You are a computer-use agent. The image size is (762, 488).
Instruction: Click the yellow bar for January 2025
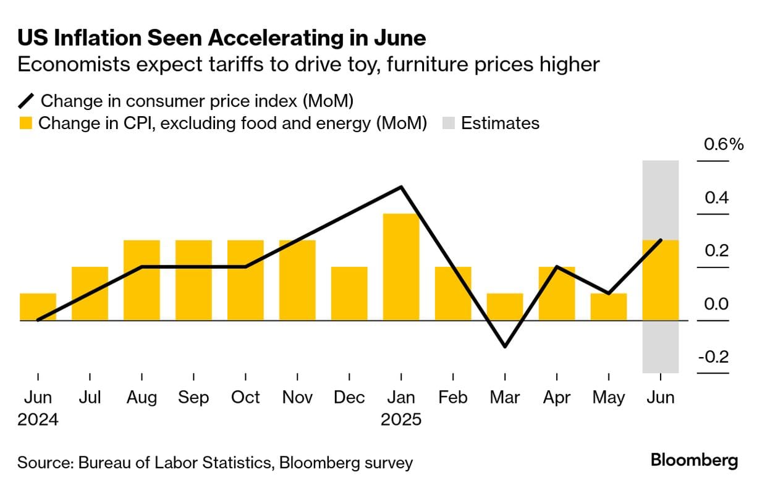click(401, 267)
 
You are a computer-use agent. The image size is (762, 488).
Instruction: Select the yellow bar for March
click(505, 306)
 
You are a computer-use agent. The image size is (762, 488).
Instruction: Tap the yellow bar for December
click(349, 293)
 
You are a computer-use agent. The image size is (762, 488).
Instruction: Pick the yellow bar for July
click(90, 293)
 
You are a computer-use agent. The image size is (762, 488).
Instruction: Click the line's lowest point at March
click(505, 347)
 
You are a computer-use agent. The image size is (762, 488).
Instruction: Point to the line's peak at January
click(402, 187)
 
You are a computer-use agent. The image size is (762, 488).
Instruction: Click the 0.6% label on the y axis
click(724, 145)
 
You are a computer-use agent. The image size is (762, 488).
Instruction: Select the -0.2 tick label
click(714, 358)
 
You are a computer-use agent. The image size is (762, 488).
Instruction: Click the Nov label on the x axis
click(297, 397)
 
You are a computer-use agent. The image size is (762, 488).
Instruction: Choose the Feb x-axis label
click(453, 397)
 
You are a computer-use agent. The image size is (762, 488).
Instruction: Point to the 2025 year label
click(401, 420)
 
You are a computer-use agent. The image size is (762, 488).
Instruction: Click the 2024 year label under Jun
click(38, 420)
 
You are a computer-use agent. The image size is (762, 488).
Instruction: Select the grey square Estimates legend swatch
click(449, 124)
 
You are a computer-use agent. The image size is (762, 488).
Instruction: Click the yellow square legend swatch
click(25, 124)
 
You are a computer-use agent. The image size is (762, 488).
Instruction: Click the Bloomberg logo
click(694, 461)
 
